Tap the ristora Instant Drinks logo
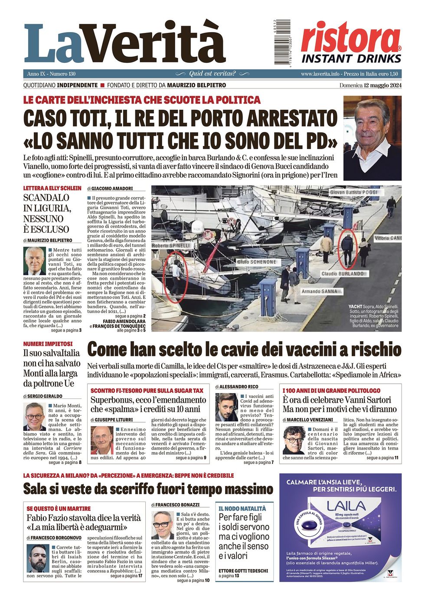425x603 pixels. point(351,42)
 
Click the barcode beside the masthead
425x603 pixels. point(282,42)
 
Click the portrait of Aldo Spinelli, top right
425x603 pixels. point(372,138)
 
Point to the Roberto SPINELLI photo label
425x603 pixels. point(171,246)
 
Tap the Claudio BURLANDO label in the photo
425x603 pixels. point(342,274)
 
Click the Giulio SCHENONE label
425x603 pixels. point(256,262)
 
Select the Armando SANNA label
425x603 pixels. point(319,292)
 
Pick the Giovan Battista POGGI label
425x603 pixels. point(353,192)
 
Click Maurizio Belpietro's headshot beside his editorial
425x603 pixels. point(35,261)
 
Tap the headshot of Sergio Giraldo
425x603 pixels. point(34,417)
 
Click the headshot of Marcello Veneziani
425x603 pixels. point(294,440)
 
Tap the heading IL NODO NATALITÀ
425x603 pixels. point(242,508)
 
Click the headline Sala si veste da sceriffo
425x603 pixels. point(148,489)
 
